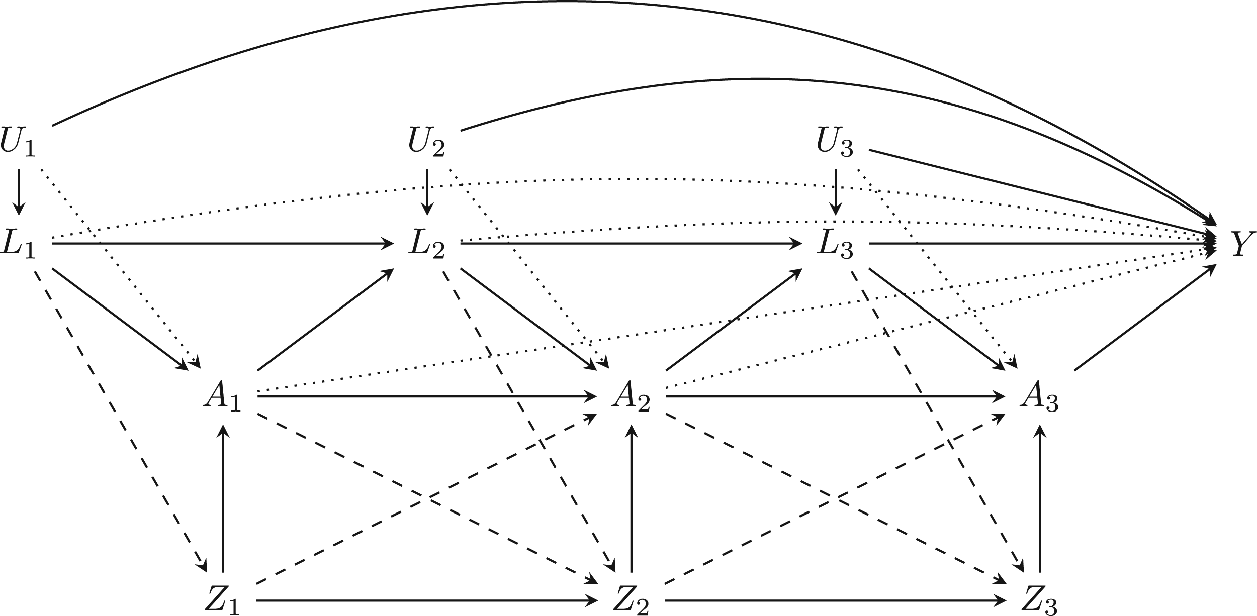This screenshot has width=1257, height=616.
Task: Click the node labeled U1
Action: click(x=18, y=142)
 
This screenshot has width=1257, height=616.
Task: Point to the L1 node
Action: click(x=18, y=244)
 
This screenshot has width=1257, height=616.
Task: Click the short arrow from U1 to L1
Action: click(x=19, y=192)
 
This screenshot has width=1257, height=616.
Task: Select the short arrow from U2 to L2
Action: click(x=427, y=192)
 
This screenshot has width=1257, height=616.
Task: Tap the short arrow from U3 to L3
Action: click(x=836, y=192)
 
